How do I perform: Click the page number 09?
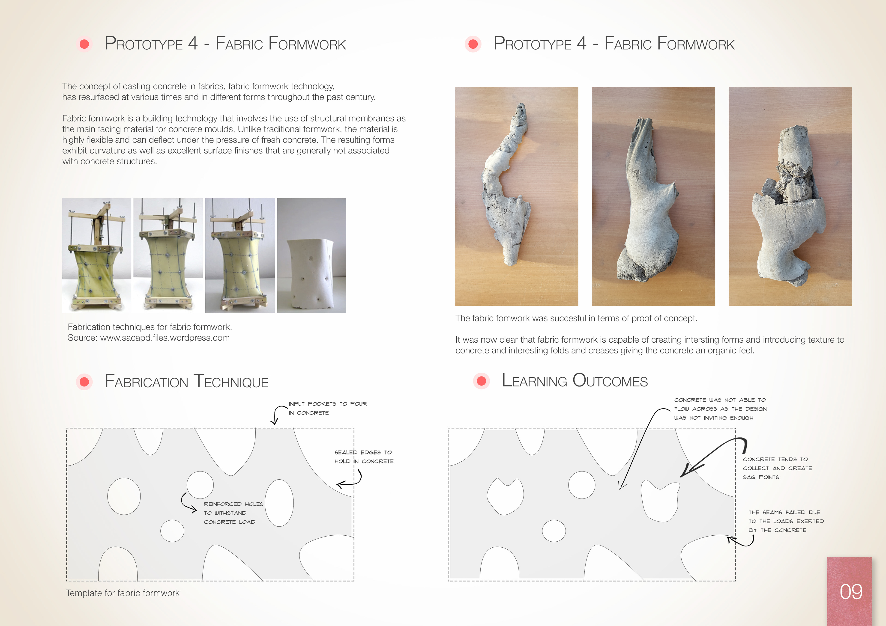click(x=851, y=592)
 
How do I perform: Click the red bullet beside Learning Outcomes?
click(x=481, y=381)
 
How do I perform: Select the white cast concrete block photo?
click(x=311, y=255)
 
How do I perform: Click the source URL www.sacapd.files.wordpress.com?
click(x=165, y=338)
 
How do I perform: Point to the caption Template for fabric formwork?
click(x=123, y=593)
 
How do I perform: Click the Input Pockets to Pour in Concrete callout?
click(x=328, y=408)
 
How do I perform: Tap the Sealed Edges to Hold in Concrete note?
click(x=364, y=457)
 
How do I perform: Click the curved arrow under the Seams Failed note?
click(x=743, y=543)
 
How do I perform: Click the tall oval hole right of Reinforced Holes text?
click(x=279, y=503)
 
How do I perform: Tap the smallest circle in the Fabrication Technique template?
click(x=172, y=531)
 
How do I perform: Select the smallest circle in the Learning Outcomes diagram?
click(x=554, y=531)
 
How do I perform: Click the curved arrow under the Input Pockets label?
click(x=276, y=414)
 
